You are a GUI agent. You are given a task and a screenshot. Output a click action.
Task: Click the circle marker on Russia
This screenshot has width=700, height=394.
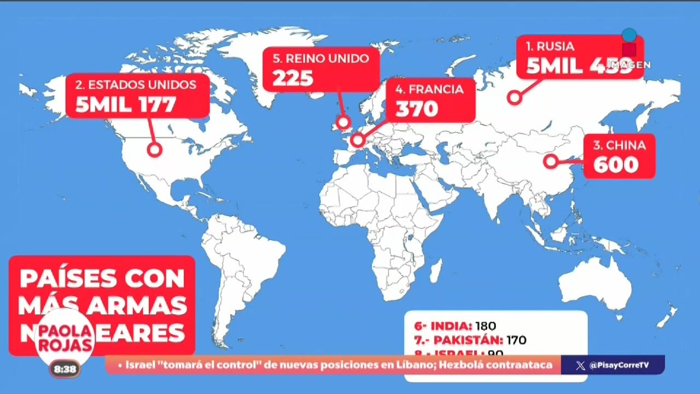(514, 98)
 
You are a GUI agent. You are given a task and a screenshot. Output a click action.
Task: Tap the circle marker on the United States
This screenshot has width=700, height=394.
(154, 149)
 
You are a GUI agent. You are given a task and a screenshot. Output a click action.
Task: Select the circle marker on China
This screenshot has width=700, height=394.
(551, 161)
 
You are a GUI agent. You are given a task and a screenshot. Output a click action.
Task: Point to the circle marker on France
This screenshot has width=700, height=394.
(357, 140)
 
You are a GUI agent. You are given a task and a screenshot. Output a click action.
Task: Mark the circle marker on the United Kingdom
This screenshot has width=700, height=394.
(343, 122)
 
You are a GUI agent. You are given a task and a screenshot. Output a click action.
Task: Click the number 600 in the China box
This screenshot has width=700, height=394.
(616, 165)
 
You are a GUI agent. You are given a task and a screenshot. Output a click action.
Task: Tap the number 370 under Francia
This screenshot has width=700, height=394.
(417, 109)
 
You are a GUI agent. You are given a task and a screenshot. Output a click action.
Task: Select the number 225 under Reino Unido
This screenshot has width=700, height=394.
(293, 79)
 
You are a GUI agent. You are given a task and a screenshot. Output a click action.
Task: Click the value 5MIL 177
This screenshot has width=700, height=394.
(126, 105)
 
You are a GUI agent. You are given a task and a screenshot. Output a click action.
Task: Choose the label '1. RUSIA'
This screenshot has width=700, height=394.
(550, 47)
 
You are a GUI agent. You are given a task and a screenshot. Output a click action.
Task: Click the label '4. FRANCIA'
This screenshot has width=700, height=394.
(429, 89)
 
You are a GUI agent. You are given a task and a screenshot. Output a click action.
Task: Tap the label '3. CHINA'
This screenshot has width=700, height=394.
(619, 146)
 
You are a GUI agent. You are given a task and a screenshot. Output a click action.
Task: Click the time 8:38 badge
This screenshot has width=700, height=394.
(65, 369)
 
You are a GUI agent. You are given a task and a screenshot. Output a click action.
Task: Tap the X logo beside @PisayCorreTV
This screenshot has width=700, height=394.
(580, 366)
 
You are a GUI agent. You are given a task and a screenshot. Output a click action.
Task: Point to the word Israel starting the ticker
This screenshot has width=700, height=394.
(140, 365)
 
